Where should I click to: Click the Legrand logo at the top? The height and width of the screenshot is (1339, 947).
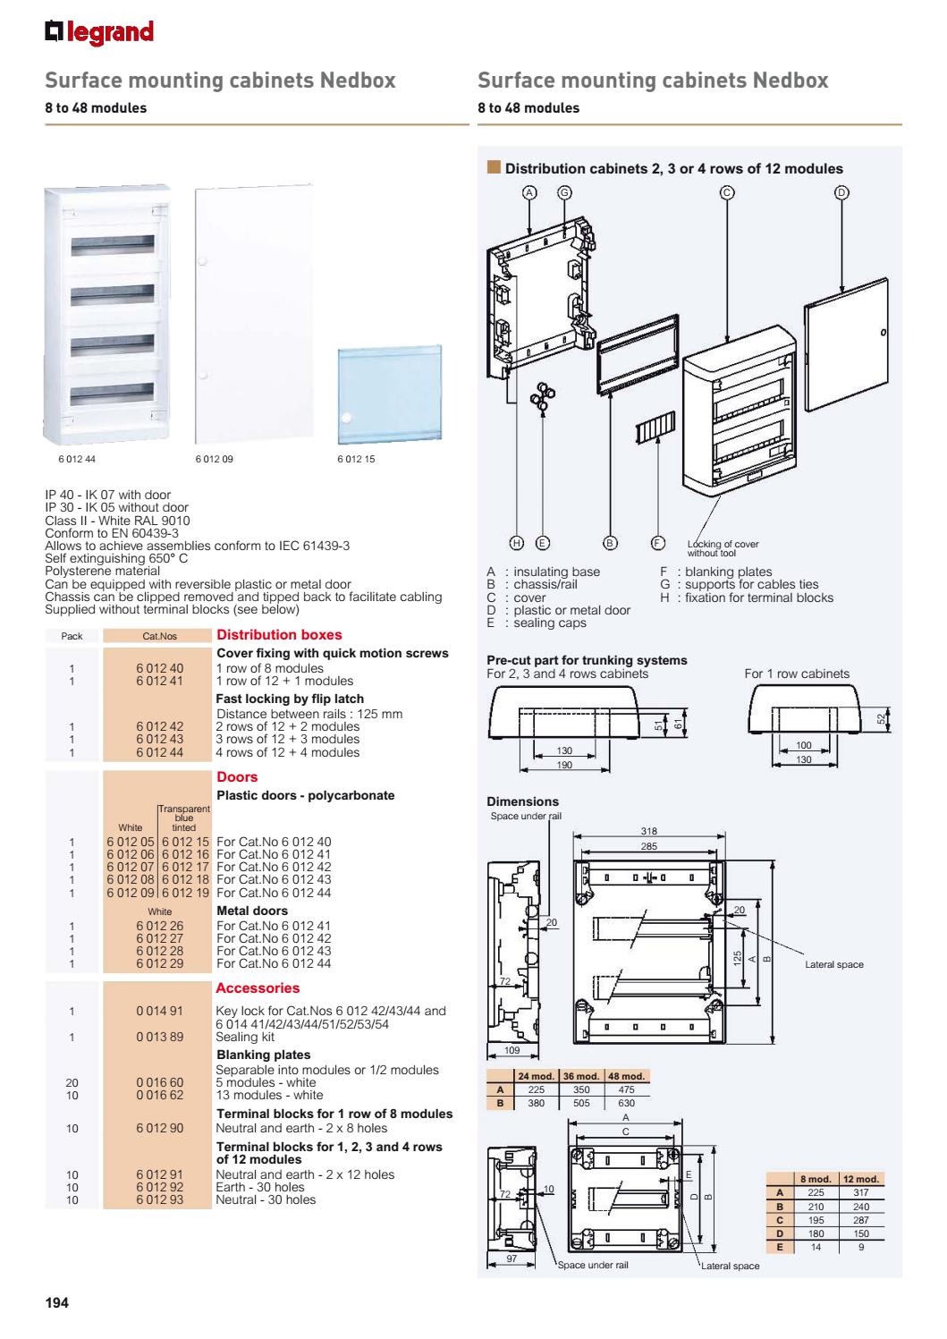click(99, 32)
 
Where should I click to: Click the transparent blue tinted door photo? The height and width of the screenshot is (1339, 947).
click(389, 394)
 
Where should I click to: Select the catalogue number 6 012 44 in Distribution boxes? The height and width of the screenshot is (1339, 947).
click(159, 752)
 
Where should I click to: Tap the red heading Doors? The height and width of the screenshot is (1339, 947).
click(237, 777)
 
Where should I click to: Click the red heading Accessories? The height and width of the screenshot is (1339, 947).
click(258, 988)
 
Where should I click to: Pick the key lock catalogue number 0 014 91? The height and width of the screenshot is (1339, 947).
click(159, 1012)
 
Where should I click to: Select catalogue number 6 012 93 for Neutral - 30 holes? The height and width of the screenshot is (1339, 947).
click(159, 1199)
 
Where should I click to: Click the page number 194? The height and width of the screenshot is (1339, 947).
click(57, 1301)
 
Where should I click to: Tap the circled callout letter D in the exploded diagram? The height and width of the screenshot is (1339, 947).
click(841, 192)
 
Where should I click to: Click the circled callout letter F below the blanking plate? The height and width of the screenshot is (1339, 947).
click(657, 542)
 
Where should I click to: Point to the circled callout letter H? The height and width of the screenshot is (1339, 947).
click(516, 542)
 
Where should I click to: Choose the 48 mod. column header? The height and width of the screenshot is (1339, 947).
click(626, 1075)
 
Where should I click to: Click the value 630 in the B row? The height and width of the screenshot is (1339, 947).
click(626, 1103)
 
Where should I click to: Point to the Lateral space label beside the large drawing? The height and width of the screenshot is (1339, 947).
click(833, 964)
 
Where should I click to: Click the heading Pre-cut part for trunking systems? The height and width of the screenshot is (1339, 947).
click(587, 660)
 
